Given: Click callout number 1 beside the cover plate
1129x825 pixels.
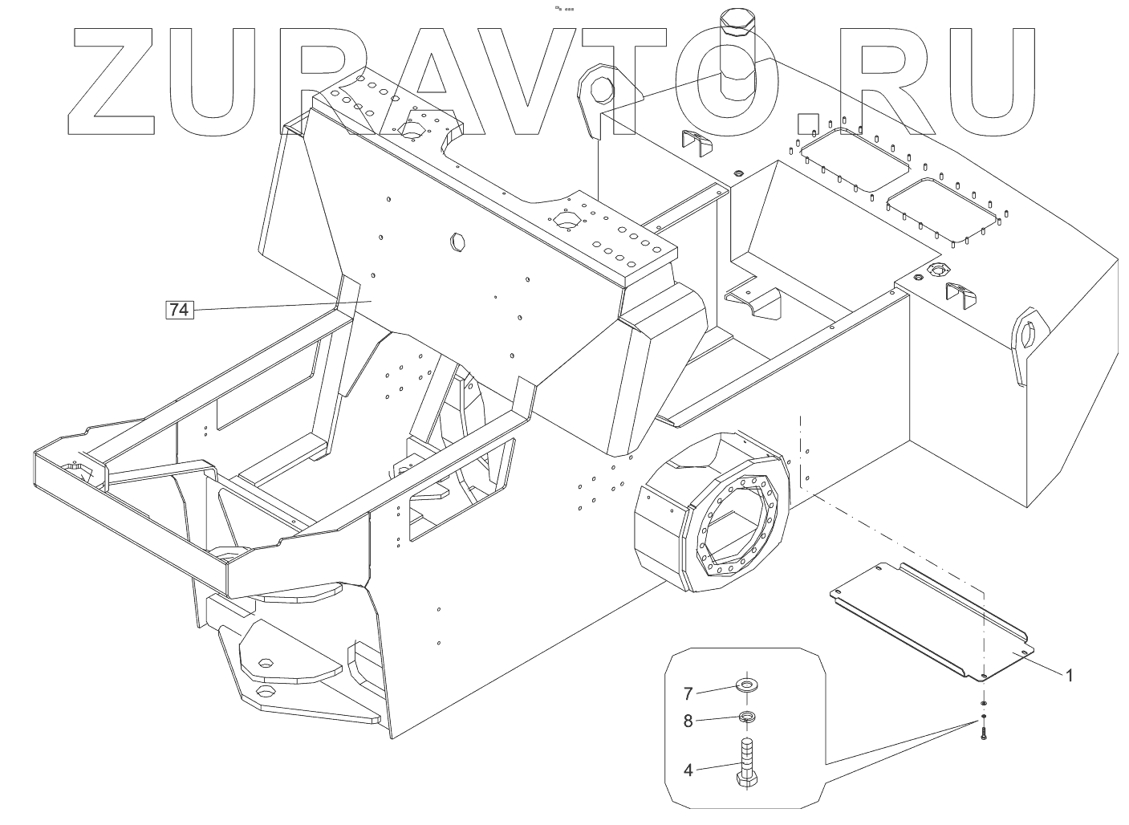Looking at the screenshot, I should (1068, 676).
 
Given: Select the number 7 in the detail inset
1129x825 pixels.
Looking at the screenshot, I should (688, 693).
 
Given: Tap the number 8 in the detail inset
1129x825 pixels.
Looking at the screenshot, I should (688, 721).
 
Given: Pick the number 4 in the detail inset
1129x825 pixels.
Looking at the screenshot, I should (688, 770).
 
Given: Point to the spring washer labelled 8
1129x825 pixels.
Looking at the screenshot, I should (747, 717).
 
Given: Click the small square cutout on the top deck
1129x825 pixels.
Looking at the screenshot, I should (806, 124).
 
